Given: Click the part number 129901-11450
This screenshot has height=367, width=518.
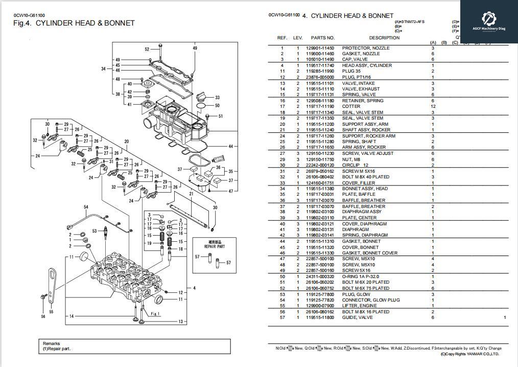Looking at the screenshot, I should [x=320, y=48].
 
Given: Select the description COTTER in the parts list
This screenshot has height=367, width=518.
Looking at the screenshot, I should [x=351, y=107].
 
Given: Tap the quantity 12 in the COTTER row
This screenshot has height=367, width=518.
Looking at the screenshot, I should [x=433, y=107].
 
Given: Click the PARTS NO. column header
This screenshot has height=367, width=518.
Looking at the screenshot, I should [x=322, y=38].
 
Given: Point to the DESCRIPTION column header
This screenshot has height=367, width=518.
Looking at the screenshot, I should [x=384, y=38].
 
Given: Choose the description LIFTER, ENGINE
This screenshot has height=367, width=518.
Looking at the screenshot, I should [x=360, y=306].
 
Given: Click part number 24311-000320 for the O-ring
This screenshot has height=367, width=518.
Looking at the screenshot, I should [x=320, y=277].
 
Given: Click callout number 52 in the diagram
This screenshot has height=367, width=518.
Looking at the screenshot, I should [x=147, y=50].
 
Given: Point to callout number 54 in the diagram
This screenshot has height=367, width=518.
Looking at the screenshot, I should [x=86, y=207].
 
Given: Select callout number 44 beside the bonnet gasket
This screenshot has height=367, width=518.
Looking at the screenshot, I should [x=230, y=147].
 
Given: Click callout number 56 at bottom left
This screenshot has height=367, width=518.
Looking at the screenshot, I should [x=43, y=316].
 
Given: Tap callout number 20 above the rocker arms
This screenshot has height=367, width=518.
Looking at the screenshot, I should [x=126, y=142].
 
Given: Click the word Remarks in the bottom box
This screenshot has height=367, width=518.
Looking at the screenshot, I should [x=52, y=343].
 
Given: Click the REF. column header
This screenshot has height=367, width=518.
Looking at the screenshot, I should [x=282, y=38].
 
